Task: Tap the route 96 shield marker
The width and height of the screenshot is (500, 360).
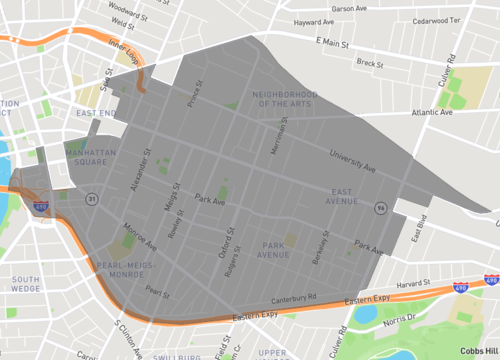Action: (381, 208)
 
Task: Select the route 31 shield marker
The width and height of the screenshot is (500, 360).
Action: (91, 198)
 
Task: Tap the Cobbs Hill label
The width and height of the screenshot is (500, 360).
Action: (480, 350)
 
